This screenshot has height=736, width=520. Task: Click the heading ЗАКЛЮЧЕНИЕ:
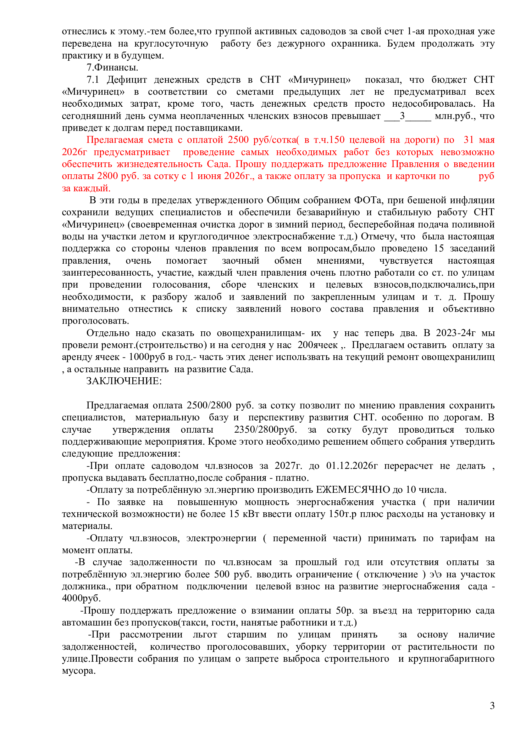coord(124,381)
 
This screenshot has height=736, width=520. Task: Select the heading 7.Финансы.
coord(112,67)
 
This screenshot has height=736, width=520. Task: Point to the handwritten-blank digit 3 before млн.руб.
coord(402,116)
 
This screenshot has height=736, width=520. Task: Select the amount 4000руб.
coord(81,598)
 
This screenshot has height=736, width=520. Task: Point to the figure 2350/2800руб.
coord(265,430)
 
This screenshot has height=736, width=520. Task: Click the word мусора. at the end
coord(79,671)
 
